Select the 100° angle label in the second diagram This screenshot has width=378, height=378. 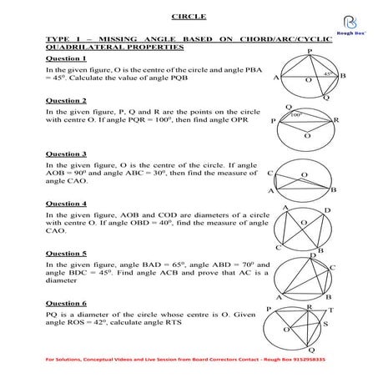pyautogui.click(x=295, y=116)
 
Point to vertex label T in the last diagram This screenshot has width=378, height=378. pyautogui.click(x=330, y=309)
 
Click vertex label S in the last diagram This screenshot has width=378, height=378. pyautogui.click(x=326, y=323)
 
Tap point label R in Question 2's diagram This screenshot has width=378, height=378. pyautogui.click(x=335, y=120)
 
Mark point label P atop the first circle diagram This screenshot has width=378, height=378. pyautogui.click(x=310, y=51)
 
